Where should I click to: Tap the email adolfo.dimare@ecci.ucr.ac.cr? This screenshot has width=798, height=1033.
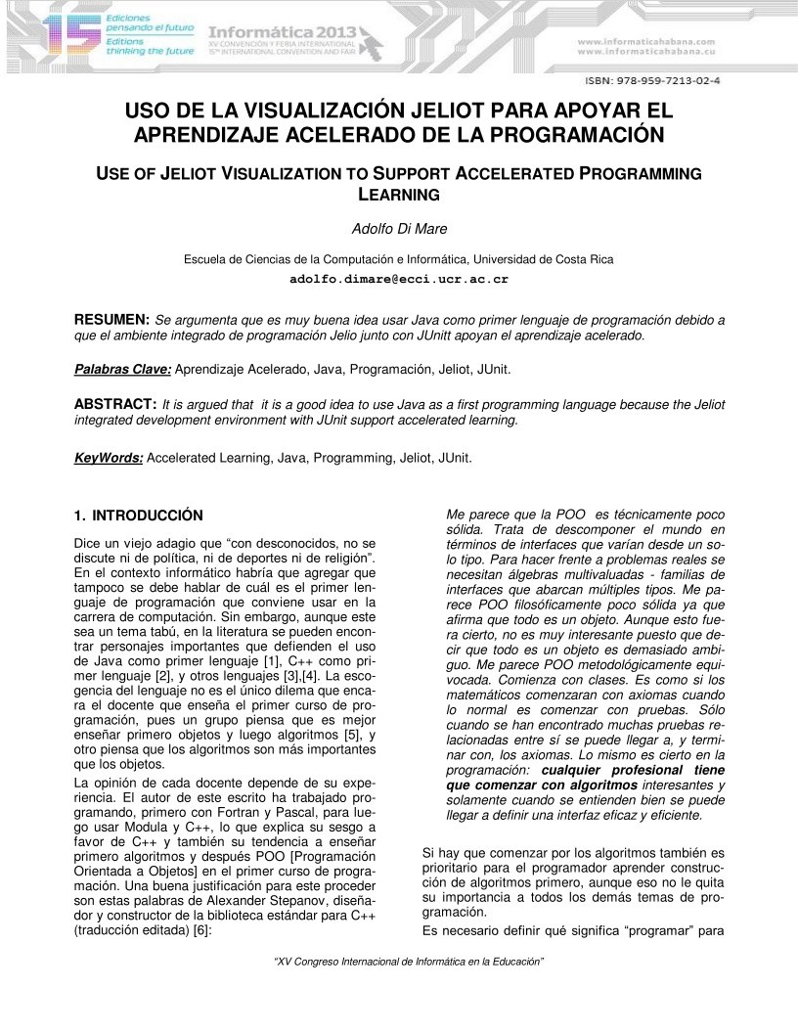pos(399,279)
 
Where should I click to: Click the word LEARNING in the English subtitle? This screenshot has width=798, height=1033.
pos(399,195)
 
